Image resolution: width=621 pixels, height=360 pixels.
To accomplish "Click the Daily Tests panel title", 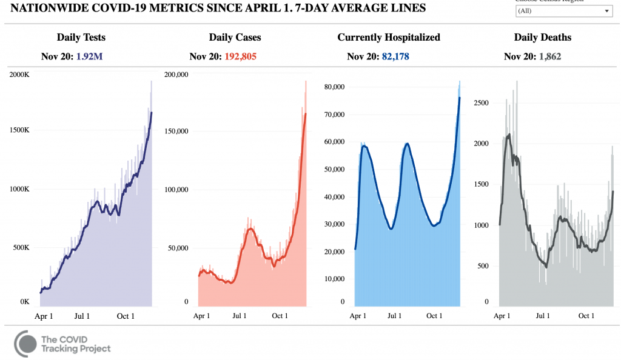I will click(81, 38).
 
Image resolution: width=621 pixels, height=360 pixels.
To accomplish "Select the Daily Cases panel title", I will click(234, 38).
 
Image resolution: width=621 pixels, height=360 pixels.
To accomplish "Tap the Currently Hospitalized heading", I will click(389, 38).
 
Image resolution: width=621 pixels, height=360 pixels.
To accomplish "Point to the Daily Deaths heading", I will click(543, 38).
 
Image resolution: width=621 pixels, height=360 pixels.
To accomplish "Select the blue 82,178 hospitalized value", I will click(401, 57).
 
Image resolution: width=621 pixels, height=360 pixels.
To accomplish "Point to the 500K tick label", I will click(20, 248).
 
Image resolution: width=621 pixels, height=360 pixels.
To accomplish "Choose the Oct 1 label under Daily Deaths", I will click(586, 316).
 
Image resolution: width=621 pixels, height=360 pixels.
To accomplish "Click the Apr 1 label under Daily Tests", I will click(43, 316).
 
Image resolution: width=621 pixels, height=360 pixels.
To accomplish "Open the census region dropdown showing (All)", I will click(563, 11).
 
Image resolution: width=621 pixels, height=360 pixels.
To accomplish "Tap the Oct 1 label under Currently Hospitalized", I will click(434, 316).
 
